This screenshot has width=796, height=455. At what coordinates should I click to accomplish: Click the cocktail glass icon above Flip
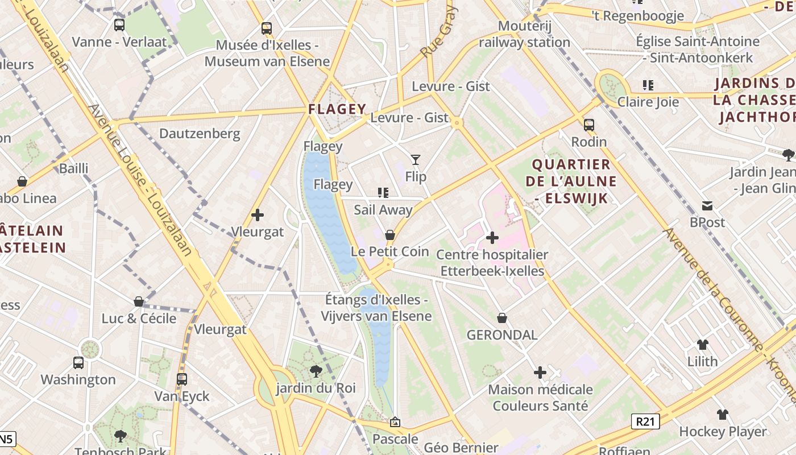tap(416, 160)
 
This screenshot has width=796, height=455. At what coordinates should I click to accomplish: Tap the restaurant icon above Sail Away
tap(383, 193)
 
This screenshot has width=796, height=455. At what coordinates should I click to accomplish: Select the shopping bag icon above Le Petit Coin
tap(390, 234)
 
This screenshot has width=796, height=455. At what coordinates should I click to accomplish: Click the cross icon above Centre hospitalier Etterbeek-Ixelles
tap(492, 237)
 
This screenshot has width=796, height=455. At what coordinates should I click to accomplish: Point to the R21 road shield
tap(645, 421)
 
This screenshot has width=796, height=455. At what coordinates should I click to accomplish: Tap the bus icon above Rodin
tap(589, 125)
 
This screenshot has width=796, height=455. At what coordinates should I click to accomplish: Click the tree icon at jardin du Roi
tap(316, 371)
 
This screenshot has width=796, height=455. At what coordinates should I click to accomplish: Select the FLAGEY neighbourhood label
tap(337, 109)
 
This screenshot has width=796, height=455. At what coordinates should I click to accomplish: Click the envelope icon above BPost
tap(707, 205)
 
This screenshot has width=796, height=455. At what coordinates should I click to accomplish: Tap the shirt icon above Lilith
tap(703, 344)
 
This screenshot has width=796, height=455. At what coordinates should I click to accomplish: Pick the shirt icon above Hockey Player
tap(722, 414)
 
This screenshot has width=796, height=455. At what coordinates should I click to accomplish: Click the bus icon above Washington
tap(78, 362)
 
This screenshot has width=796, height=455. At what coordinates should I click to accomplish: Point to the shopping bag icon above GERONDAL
tap(502, 318)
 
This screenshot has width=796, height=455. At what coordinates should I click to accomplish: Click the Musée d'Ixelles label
tap(267, 53)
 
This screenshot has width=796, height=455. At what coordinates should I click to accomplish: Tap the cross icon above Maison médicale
tap(540, 373)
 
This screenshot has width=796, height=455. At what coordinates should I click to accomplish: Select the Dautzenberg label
tap(200, 134)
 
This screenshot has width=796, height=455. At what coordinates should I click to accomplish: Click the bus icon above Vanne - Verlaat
tap(119, 24)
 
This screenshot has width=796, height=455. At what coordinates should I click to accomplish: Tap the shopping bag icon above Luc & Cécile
tap(139, 301)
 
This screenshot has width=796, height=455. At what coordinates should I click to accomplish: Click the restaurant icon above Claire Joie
tap(648, 85)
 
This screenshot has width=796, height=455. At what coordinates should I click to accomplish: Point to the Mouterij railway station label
tap(524, 34)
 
